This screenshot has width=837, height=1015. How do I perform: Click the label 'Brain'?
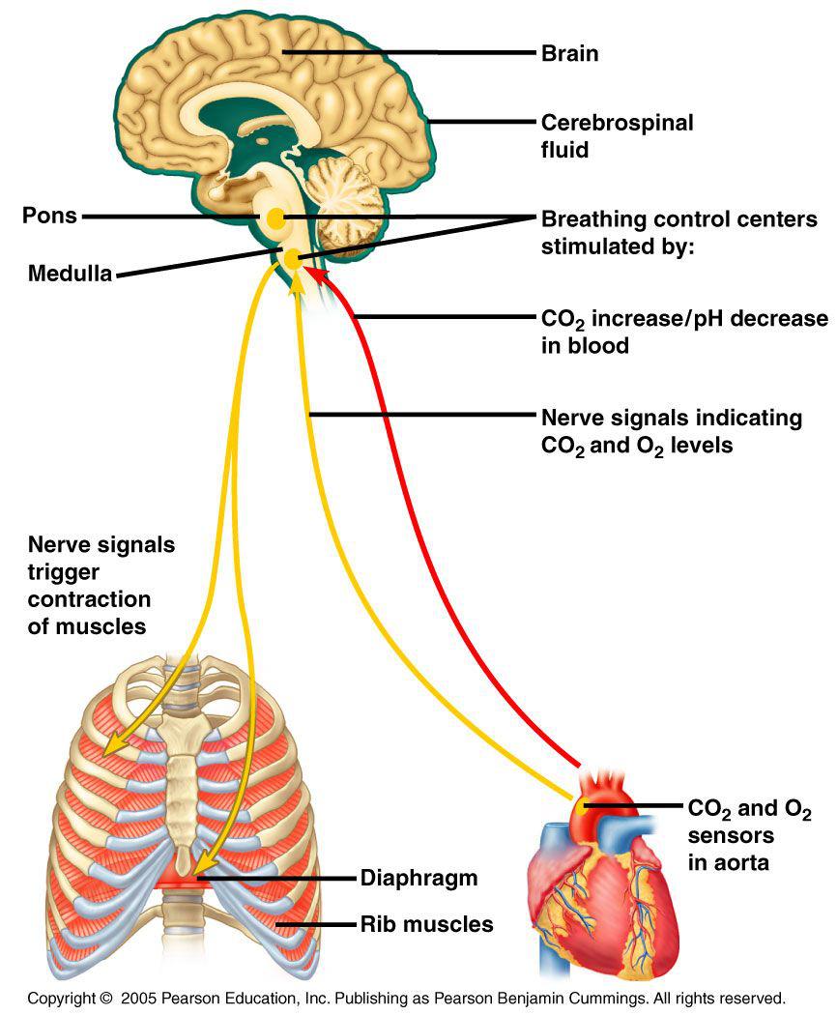pos(569,53)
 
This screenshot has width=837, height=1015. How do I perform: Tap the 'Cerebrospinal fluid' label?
pos(617,136)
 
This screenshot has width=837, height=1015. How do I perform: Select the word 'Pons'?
pos(49,215)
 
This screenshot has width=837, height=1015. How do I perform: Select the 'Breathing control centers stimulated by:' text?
pos(678,232)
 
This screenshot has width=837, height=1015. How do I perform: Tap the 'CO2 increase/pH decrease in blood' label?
pos(683,332)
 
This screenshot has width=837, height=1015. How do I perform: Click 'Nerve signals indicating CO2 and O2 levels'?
pos(671,432)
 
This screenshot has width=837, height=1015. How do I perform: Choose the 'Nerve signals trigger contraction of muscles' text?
pos(101,585)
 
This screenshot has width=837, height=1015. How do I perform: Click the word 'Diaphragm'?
pos(418,879)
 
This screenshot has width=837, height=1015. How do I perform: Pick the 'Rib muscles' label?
pos(426,925)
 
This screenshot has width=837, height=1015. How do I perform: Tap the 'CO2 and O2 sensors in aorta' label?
pos(748,835)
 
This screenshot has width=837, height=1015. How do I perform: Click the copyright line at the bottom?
pos(406,997)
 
